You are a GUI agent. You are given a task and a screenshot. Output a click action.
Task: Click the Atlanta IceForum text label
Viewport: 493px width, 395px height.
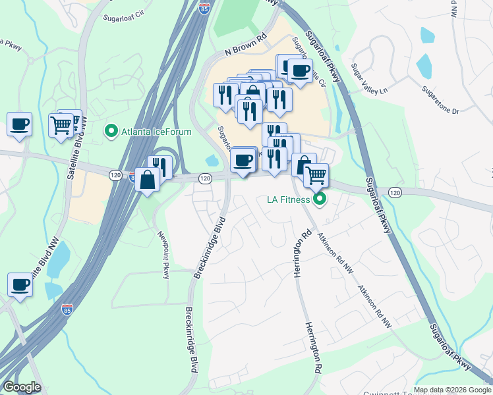click(156, 132)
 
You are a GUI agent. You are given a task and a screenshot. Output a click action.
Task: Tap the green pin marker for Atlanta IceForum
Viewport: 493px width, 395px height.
click(111, 132)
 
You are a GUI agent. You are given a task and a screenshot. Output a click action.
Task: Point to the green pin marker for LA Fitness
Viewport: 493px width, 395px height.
click(320, 198)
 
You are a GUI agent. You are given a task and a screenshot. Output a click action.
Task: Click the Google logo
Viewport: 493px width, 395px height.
click(22, 386)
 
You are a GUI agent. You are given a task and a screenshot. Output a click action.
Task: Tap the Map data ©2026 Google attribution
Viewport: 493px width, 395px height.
click(452, 390)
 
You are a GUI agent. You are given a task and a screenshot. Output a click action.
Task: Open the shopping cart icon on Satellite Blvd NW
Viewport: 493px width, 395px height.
click(61, 124)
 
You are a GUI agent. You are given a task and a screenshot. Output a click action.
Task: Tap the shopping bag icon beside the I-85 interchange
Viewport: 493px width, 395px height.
click(147, 179)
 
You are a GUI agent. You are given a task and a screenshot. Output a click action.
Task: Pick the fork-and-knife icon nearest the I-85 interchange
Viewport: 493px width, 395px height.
click(159, 167)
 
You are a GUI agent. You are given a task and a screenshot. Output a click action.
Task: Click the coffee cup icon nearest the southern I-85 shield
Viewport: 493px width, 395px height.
click(20, 285)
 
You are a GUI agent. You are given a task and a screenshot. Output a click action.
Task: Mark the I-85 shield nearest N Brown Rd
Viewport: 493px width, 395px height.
click(204, 9)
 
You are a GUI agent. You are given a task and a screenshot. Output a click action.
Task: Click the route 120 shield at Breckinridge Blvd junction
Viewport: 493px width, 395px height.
click(205, 178)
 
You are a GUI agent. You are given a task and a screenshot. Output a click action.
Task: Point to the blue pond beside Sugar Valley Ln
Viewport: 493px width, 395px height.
click(424, 66)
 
